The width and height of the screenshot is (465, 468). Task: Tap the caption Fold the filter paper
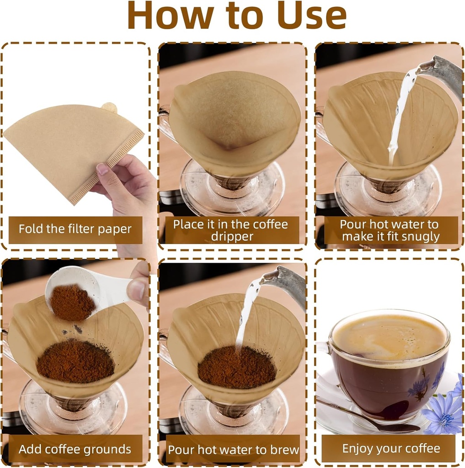pos(75,229)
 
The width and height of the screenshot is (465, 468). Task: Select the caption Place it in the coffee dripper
pos(232,230)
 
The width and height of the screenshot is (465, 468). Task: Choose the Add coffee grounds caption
pos(75,449)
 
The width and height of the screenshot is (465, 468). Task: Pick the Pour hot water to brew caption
pos(233,449)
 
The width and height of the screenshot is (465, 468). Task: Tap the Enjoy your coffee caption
pos(391,448)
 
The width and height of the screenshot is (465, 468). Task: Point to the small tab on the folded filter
pos(110,107)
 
